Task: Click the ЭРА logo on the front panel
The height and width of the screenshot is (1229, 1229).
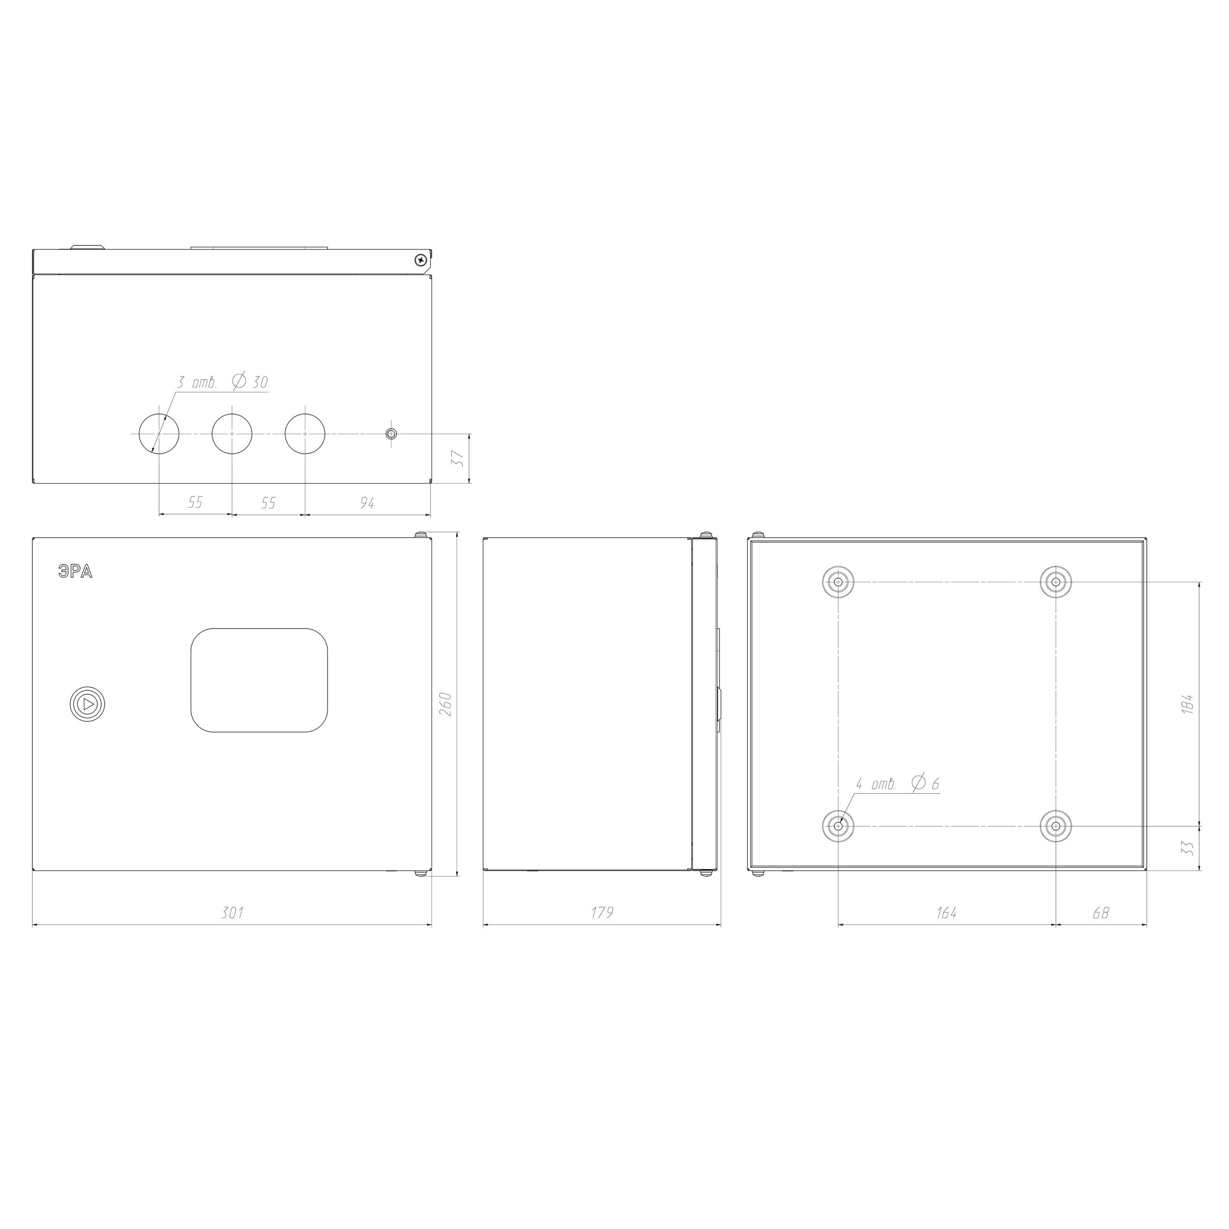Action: (75, 572)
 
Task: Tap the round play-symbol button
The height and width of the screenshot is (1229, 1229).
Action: (87, 704)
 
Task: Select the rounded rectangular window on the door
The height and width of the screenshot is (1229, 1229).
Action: (260, 680)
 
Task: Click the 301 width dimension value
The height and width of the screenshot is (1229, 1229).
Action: (232, 913)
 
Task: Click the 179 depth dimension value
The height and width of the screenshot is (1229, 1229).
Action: (602, 913)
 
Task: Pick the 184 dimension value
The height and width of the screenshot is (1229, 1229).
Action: (1187, 704)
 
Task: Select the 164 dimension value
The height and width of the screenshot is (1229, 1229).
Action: (946, 913)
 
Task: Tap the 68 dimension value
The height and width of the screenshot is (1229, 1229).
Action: (1101, 913)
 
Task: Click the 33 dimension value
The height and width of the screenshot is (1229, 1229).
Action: (1187, 848)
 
